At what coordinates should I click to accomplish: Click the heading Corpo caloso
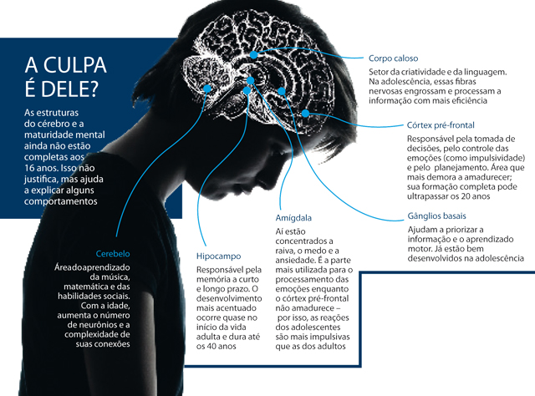point(397,58)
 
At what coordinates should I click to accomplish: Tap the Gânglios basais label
point(436,216)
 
